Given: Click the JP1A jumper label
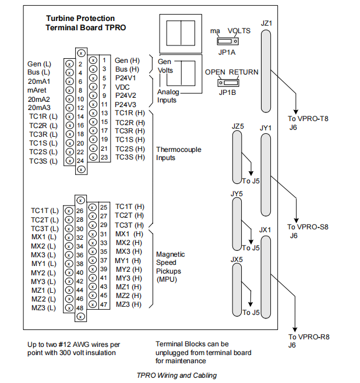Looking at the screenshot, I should click(227, 51).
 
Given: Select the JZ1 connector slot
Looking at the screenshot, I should click(266, 71).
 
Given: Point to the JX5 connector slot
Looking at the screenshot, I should click(237, 289).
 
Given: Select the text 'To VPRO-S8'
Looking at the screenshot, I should click(308, 226).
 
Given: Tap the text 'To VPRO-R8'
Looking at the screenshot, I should click(309, 336).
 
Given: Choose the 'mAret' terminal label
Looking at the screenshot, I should click(38, 90).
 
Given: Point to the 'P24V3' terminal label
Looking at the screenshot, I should click(125, 104).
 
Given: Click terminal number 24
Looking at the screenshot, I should click(80, 161).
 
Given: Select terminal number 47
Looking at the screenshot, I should click(103, 304).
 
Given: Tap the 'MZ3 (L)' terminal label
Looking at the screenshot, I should click(44, 307).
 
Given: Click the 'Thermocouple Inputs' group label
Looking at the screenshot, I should click(178, 154).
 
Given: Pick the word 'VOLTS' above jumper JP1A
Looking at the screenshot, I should click(239, 30).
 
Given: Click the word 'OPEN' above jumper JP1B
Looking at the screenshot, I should click(215, 72).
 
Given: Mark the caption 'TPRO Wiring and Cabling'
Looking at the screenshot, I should click(177, 375).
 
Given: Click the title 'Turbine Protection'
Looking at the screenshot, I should click(80, 19).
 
